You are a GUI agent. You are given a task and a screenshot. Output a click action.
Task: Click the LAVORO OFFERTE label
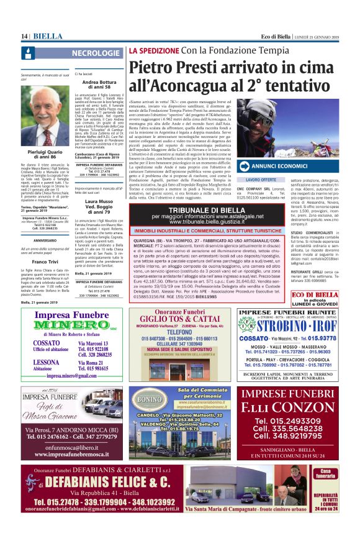pos(257,180)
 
